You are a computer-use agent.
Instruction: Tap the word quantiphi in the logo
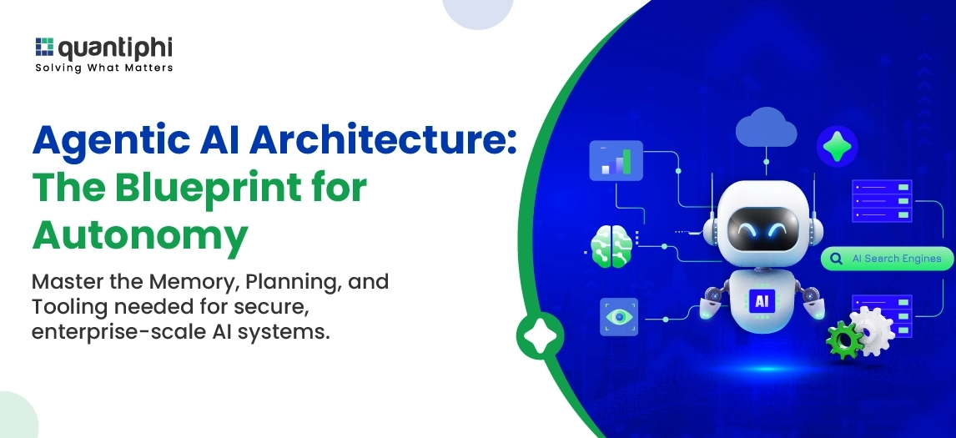[114, 48]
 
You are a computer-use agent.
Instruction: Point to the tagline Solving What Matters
[103, 68]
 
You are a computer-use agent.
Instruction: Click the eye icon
[618, 317]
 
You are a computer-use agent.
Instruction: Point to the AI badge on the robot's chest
[760, 300]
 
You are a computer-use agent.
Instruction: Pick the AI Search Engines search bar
[887, 259]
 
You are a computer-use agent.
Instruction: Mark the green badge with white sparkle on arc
[536, 335]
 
